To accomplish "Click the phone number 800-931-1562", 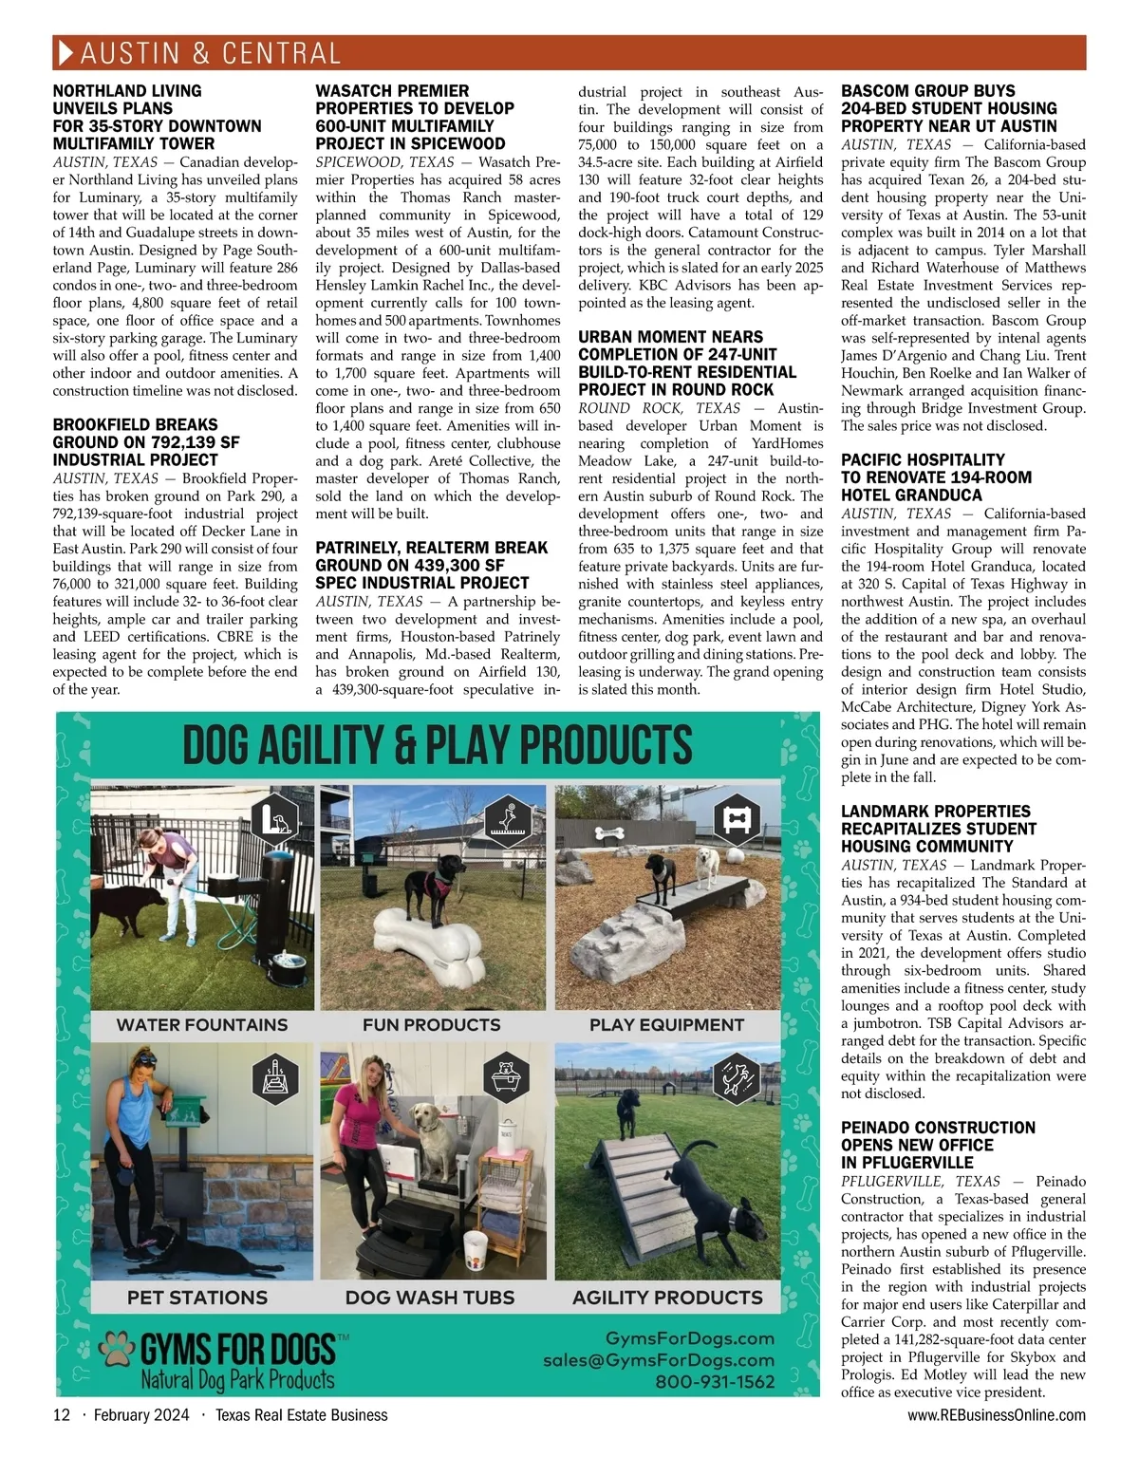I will [x=715, y=1381].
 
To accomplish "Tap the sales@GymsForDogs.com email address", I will [x=658, y=1359].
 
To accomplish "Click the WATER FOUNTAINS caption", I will [x=201, y=1025].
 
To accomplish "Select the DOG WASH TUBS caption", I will [x=430, y=1298].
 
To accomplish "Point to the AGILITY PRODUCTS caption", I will [x=667, y=1298].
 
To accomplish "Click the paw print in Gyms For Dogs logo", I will [x=118, y=1348].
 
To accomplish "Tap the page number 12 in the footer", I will [x=62, y=1414].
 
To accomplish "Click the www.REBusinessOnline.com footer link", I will [x=996, y=1414].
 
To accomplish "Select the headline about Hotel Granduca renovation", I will [x=936, y=476].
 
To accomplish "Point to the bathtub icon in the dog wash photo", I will [x=504, y=1077].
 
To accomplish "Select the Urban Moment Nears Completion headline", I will [x=687, y=363].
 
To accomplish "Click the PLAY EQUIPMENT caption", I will [x=666, y=1025].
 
